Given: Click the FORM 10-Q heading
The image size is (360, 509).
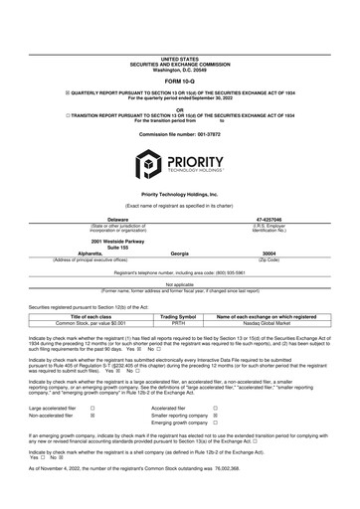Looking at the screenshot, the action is tap(180, 53).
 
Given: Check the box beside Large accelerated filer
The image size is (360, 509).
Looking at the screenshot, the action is tap(92, 408).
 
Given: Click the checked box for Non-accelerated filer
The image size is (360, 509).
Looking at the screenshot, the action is tap(92, 418).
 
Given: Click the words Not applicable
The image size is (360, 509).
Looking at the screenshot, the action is tap(179, 283).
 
